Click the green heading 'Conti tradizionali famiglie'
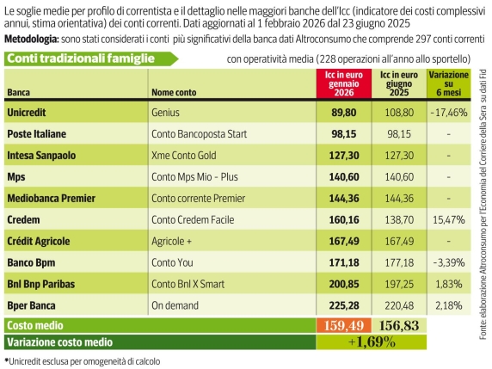click(81, 58)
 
